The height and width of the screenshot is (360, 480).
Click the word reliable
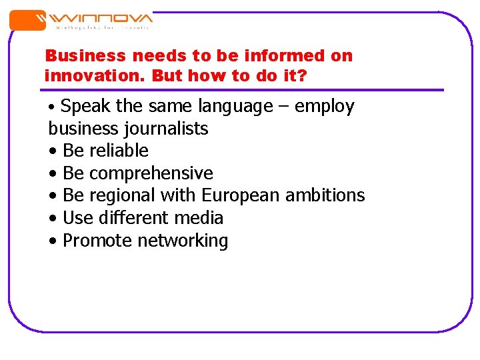[x=119, y=151]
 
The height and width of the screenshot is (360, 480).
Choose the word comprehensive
[x=151, y=173]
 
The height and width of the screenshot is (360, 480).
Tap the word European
[x=241, y=195]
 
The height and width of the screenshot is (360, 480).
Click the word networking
[x=183, y=241]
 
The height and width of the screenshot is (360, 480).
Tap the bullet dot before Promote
[x=53, y=241]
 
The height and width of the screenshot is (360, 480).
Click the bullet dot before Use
[x=53, y=219]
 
